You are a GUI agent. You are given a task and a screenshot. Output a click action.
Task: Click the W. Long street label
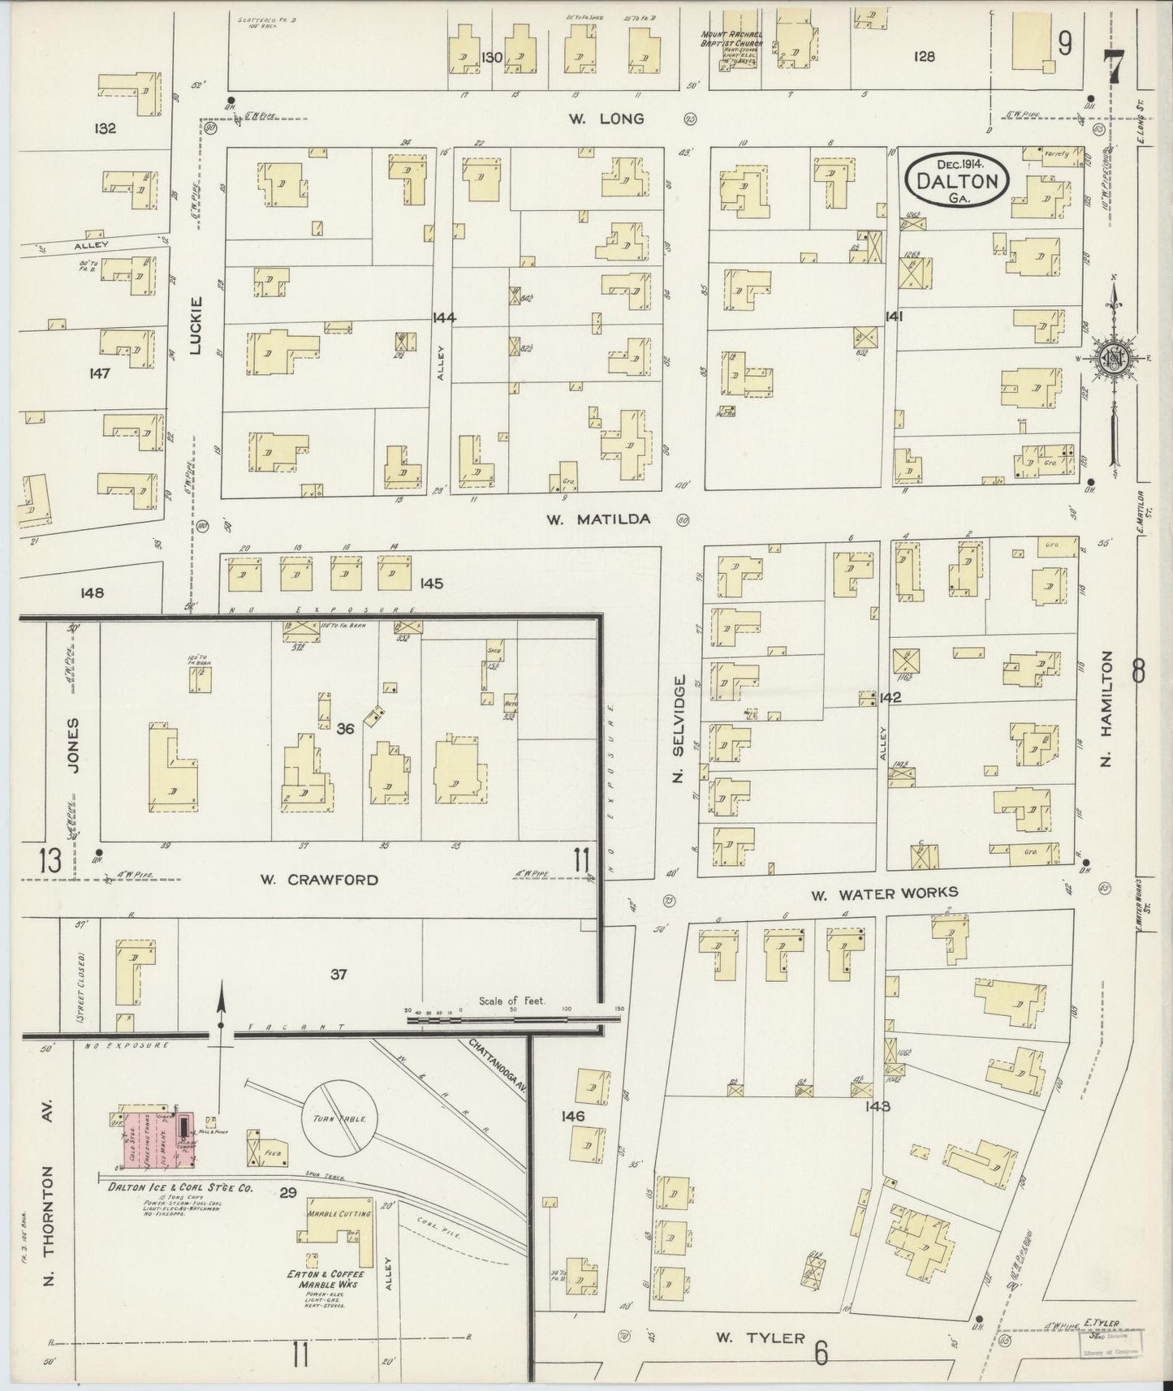[606, 119]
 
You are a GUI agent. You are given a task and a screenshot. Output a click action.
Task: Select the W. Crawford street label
[319, 880]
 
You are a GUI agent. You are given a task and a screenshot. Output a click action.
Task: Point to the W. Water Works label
[884, 894]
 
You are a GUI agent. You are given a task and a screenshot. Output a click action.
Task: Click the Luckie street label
[195, 325]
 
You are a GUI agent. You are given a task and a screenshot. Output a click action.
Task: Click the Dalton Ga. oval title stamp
[957, 182]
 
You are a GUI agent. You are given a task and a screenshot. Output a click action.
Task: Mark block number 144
[444, 317]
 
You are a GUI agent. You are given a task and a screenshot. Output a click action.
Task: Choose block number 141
[895, 317]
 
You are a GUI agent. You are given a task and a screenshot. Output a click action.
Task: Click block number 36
[345, 730]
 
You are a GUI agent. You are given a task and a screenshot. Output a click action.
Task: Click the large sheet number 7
[1113, 65]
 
